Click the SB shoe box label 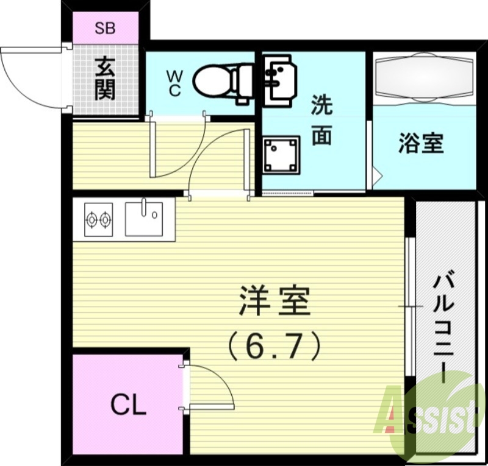[x=106, y=27]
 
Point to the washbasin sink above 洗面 [x=281, y=76]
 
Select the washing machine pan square [x=281, y=155]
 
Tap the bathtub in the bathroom [x=423, y=78]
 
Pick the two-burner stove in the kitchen [x=99, y=219]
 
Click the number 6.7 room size [x=274, y=347]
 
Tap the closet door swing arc [x=223, y=381]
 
